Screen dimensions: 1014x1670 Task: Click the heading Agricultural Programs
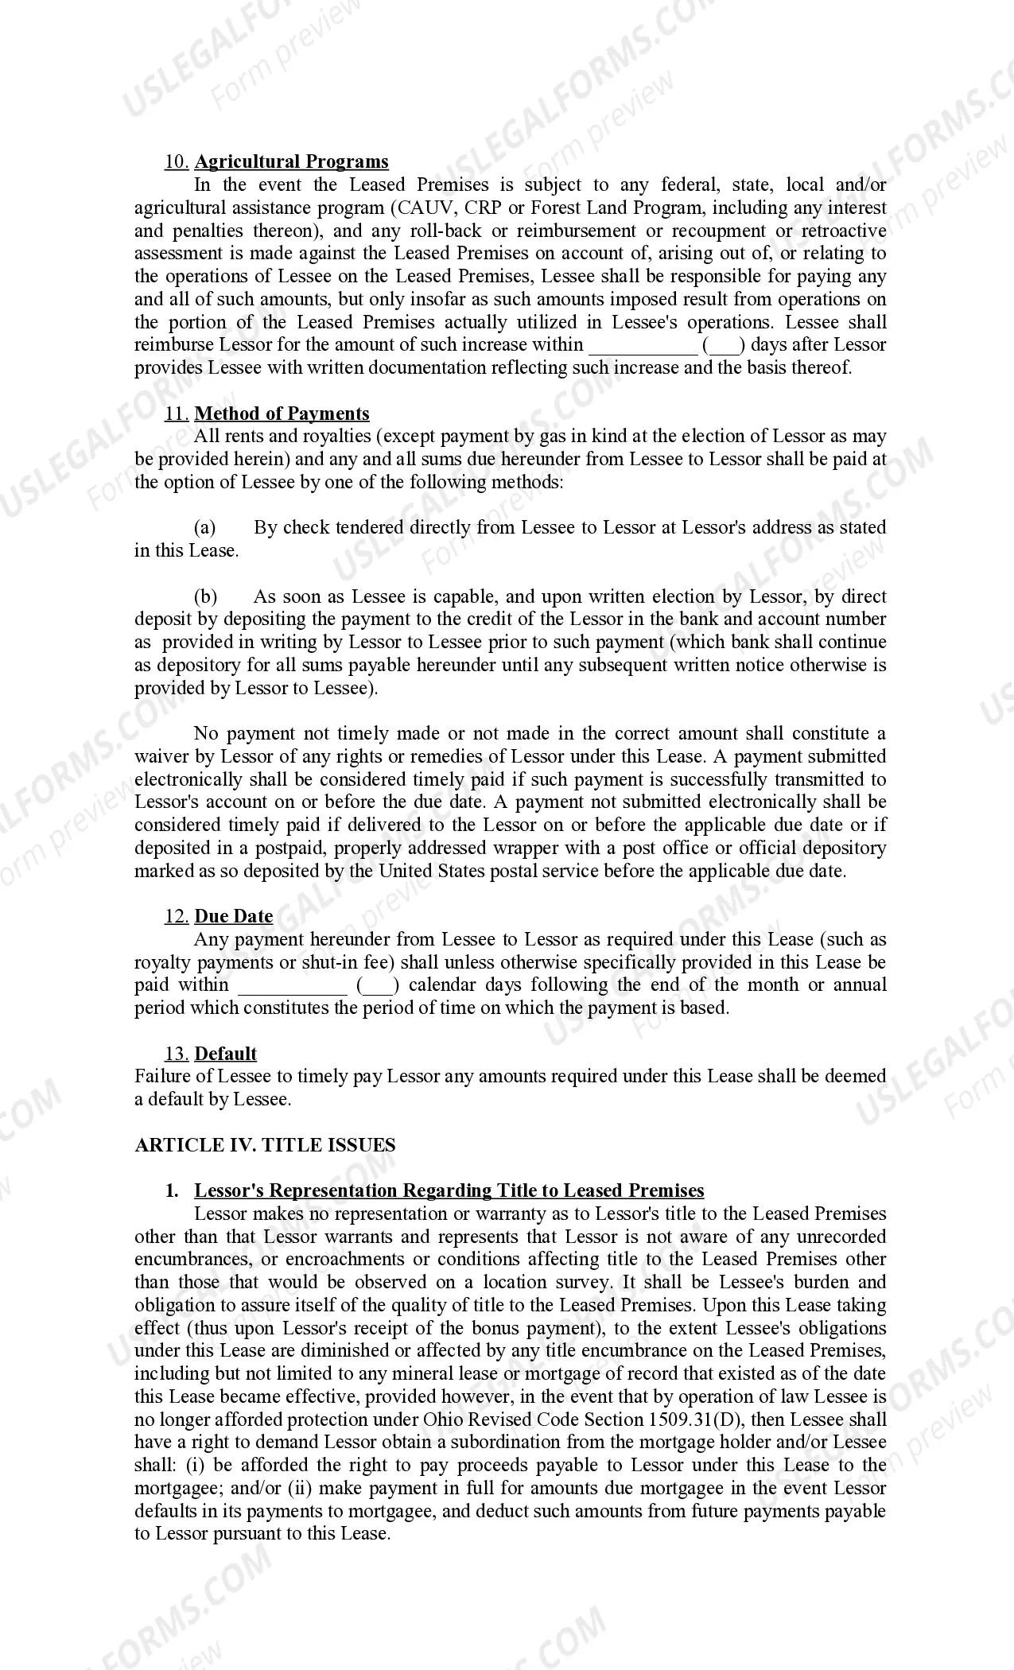291,161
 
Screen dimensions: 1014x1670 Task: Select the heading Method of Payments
282,414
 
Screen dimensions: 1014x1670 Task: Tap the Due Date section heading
233,916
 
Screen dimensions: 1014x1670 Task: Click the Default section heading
225,1054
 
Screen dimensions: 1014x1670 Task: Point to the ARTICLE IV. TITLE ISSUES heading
265,1145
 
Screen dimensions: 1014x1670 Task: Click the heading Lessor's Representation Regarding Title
449,1190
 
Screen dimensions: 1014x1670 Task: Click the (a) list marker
205,527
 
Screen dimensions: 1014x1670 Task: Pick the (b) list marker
205,596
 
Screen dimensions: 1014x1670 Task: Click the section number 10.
176,161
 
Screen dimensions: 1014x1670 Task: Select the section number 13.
176,1054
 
